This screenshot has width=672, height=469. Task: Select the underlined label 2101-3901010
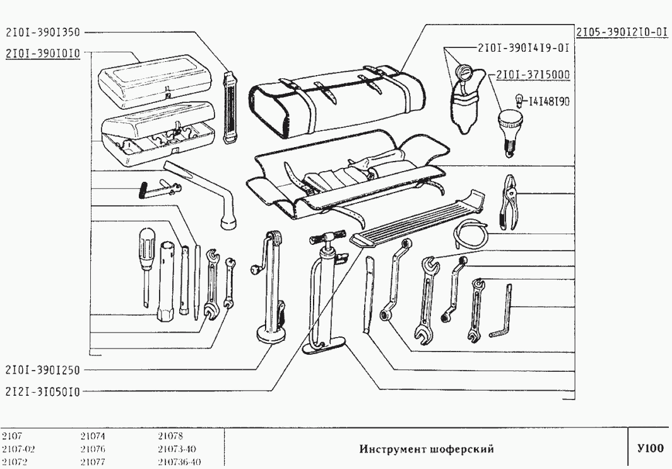click(43, 54)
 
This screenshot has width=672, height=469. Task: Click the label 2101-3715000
click(533, 74)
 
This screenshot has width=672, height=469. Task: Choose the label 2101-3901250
click(43, 369)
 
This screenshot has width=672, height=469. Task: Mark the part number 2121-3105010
click(43, 391)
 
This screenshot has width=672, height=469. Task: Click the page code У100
click(651, 449)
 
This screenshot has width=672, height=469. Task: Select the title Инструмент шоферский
click(426, 449)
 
